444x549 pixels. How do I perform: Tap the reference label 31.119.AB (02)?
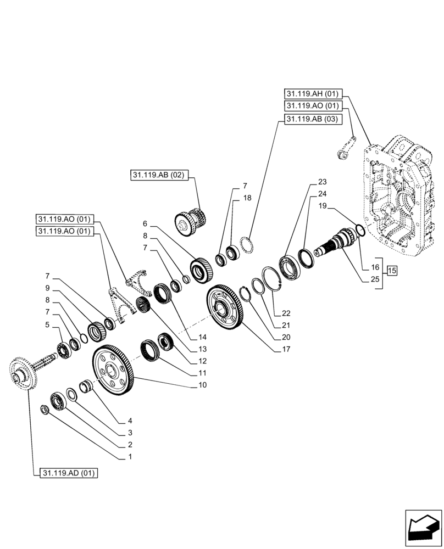click(x=159, y=175)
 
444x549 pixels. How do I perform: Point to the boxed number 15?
click(x=392, y=270)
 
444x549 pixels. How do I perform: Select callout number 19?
click(x=323, y=206)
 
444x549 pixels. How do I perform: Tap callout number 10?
click(x=203, y=385)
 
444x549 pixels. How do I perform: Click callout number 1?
click(x=130, y=456)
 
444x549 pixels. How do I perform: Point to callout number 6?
click(x=145, y=223)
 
